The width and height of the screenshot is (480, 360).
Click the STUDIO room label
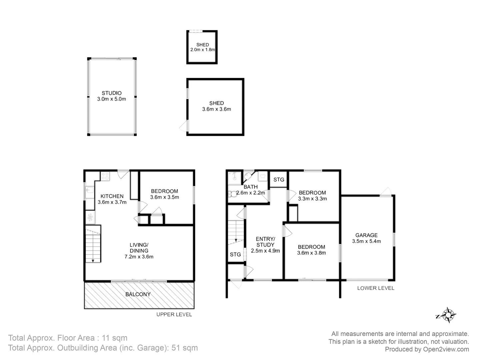pos(111,93)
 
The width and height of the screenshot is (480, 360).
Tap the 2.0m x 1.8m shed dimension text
pos(202,50)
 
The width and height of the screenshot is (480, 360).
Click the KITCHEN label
pos(112,196)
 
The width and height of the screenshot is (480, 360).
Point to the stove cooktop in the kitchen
pos(105,176)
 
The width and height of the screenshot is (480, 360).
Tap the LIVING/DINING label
pos(139,248)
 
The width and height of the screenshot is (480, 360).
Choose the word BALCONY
pos(138,294)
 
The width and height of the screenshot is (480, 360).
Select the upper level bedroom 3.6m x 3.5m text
pos(165,197)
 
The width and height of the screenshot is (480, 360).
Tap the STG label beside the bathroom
pos(279,180)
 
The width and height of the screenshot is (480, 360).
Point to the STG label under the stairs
pos(235,254)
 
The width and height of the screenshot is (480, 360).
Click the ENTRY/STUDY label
pos(265,242)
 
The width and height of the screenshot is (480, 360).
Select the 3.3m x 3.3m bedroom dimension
pos(312,199)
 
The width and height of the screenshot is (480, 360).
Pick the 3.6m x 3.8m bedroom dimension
pos(311,253)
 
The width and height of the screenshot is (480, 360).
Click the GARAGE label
pos(366,235)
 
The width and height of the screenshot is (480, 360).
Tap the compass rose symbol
pos(449,315)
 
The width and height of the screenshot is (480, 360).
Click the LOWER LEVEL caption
pos(376,288)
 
